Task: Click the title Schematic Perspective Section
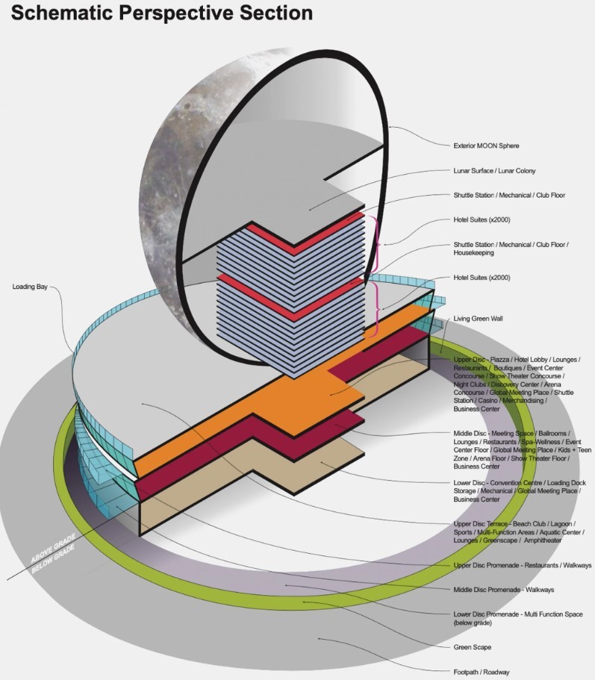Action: [x=162, y=13]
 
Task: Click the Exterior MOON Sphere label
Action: [x=486, y=146]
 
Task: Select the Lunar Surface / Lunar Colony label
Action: [x=494, y=171]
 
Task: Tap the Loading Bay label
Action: [x=30, y=287]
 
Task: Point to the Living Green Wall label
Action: [x=478, y=318]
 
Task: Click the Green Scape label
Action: [x=473, y=647]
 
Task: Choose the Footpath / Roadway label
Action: [x=482, y=672]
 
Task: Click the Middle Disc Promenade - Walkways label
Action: [x=503, y=590]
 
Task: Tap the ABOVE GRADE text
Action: [x=53, y=548]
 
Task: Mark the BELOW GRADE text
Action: [x=53, y=558]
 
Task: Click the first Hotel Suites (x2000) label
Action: [x=482, y=220]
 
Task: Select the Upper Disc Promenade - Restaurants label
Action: [x=522, y=565]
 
